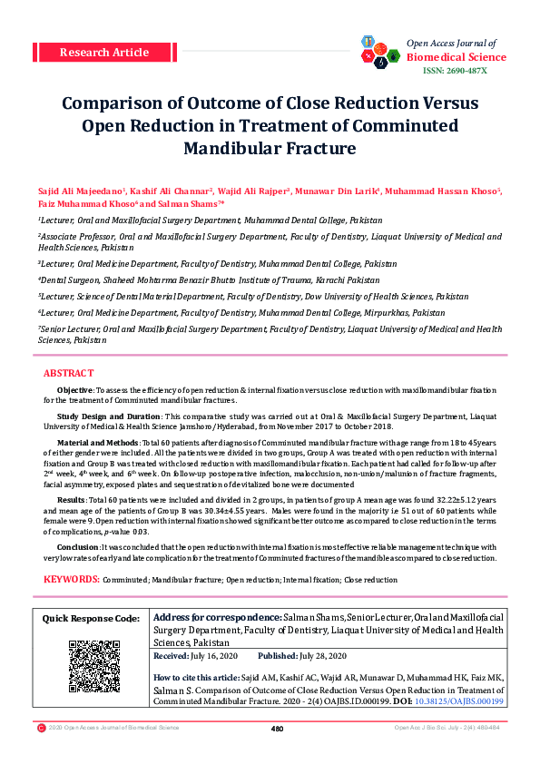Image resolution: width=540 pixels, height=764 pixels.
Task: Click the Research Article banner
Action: coord(103,52)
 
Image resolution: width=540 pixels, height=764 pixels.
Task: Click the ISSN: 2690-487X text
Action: coord(456,71)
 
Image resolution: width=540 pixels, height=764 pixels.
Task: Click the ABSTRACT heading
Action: coord(68,374)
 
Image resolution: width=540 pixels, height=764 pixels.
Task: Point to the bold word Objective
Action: coord(74,388)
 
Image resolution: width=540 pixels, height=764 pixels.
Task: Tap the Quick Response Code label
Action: coord(93,618)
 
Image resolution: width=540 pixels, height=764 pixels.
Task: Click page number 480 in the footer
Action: coord(278,728)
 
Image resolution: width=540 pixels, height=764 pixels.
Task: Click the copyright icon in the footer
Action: coord(41,728)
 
